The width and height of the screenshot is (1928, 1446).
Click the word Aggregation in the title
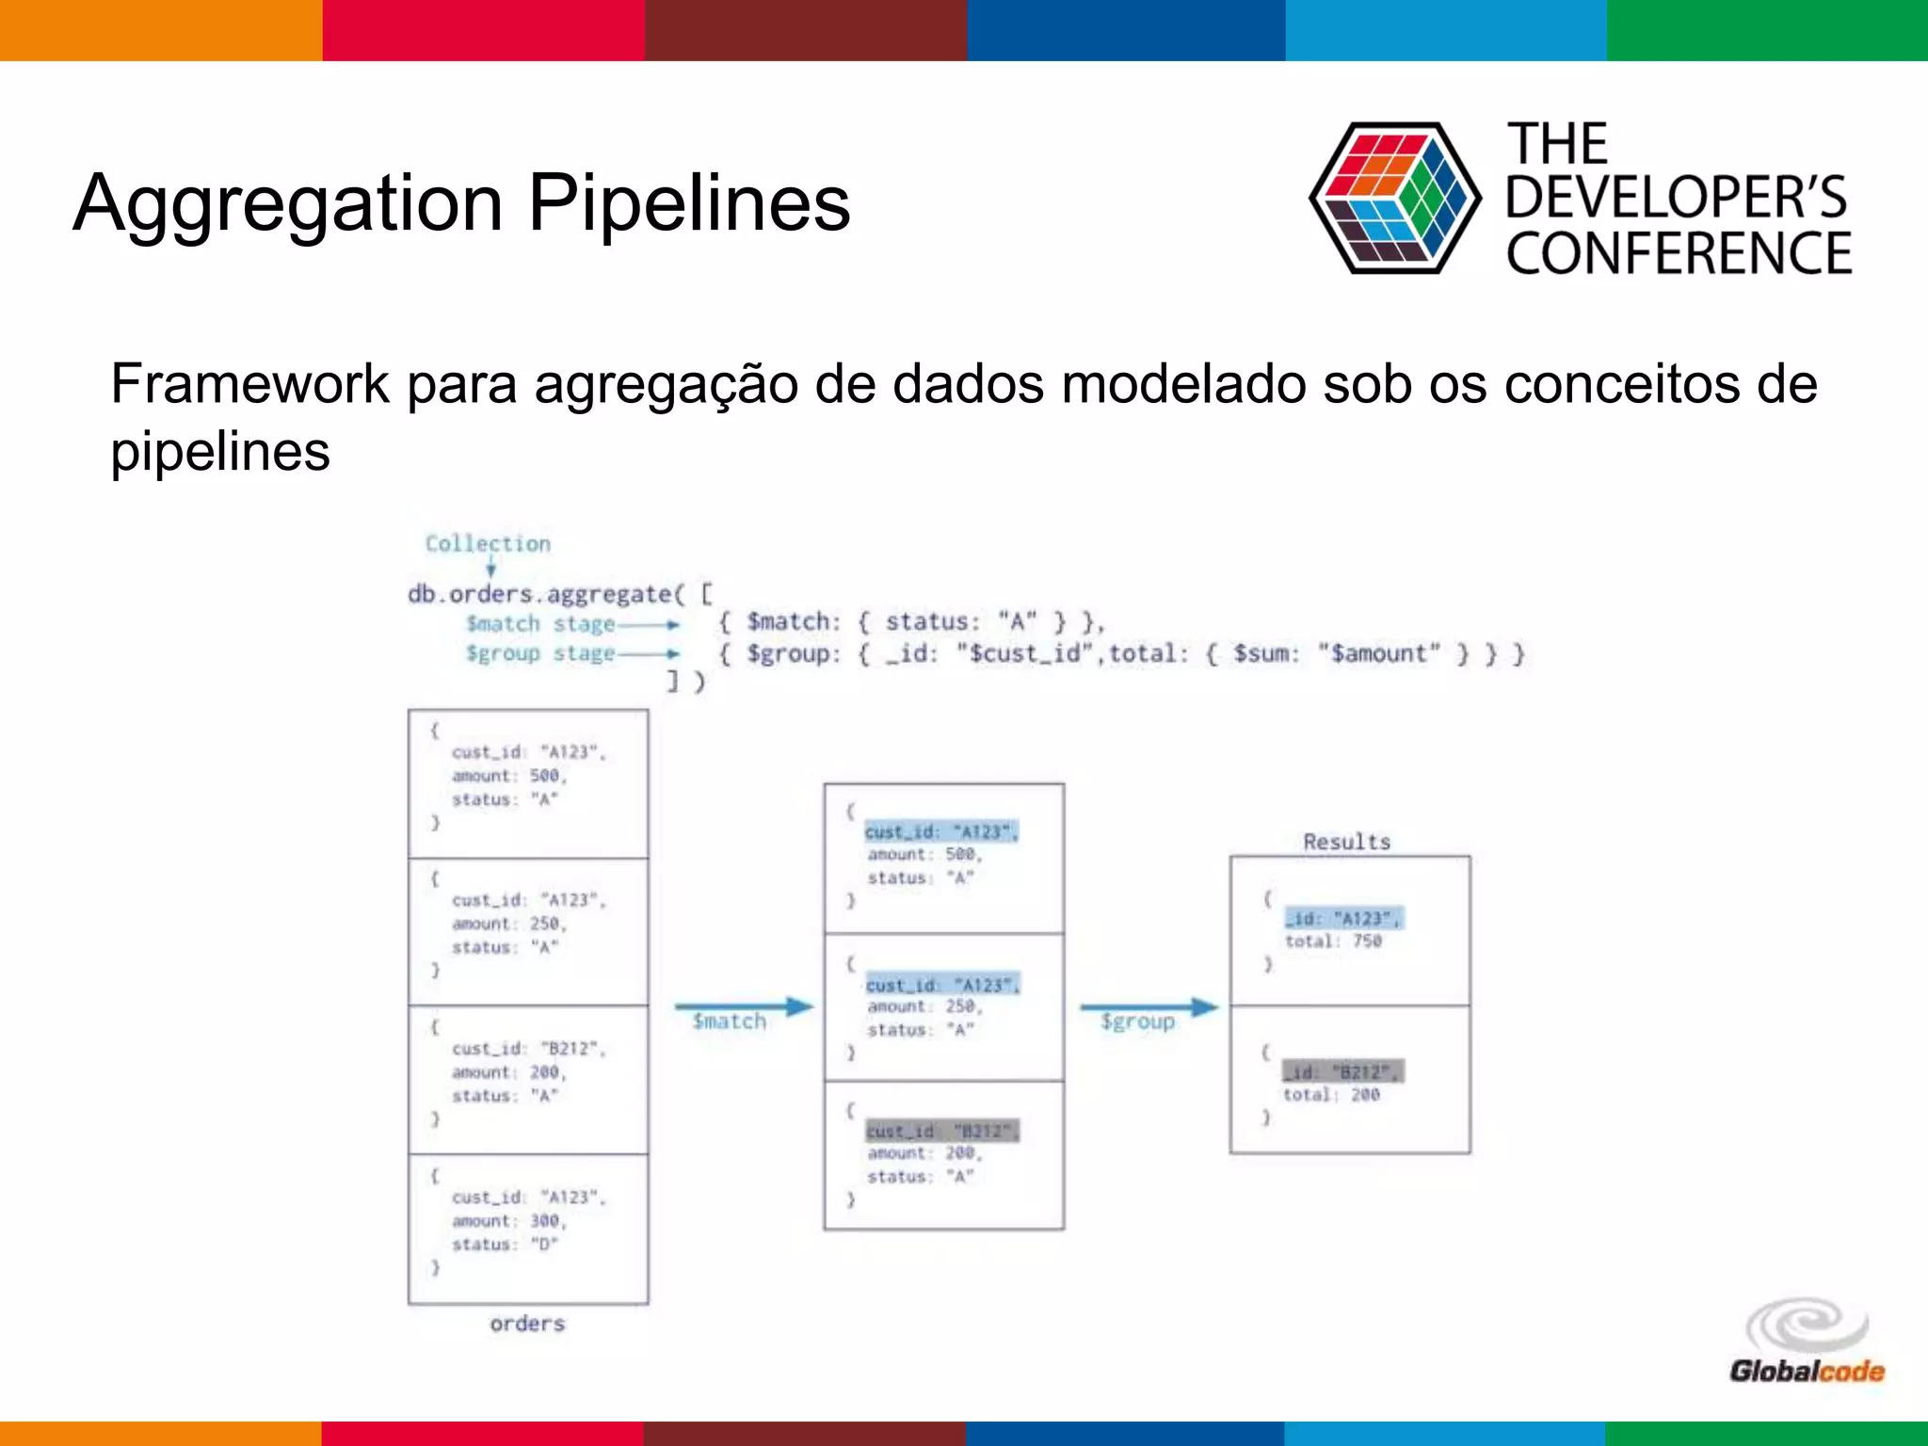click(288, 203)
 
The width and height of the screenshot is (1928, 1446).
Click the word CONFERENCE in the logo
click(1679, 254)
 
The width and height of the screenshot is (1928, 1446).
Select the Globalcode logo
click(1807, 1342)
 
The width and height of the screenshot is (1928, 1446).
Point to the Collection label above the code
click(488, 544)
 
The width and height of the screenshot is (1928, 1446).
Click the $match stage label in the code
click(540, 624)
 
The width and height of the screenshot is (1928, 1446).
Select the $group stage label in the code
click(540, 653)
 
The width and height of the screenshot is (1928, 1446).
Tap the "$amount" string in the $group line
click(1379, 653)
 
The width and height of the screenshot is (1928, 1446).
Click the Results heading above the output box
click(1346, 842)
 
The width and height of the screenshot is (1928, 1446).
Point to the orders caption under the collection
click(527, 1324)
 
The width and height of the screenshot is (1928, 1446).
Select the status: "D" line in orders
click(505, 1245)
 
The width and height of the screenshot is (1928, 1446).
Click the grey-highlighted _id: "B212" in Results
click(1343, 1072)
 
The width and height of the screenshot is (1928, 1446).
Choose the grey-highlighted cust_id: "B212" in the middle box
click(941, 1131)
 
